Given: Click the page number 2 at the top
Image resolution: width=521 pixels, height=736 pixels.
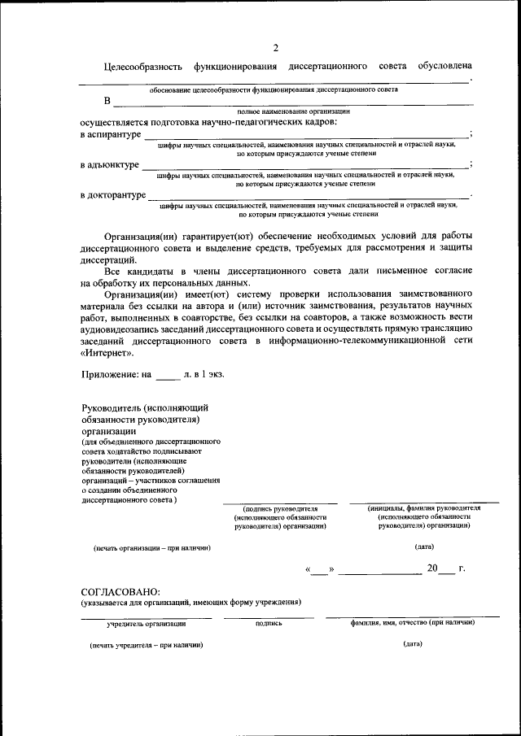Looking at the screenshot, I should (276, 47).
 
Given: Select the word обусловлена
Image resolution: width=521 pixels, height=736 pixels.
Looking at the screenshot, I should (444, 66).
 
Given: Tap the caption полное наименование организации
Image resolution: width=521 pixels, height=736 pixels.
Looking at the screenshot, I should (293, 111).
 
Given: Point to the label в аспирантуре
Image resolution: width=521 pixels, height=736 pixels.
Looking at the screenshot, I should (111, 134).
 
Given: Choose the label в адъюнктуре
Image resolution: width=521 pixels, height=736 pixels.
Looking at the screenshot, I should (110, 164).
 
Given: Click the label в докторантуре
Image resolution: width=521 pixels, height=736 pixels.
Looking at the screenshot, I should (113, 195).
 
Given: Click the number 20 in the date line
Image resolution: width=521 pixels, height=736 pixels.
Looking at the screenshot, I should (434, 568).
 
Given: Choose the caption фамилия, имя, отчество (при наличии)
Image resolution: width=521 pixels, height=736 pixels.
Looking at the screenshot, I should (413, 622).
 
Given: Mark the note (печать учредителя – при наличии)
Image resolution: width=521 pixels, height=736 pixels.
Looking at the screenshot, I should (147, 644).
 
